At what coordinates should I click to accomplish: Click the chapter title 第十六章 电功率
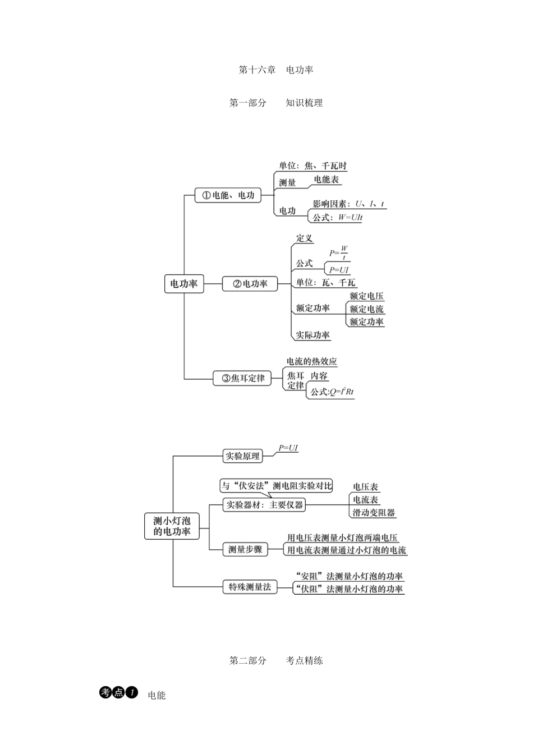point(275,70)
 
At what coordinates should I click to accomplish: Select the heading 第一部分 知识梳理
point(275,103)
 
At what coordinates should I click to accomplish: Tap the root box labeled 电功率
point(184,284)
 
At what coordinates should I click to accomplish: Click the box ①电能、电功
point(228,195)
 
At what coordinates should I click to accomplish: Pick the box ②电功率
point(250,284)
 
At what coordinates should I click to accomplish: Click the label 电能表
point(326,180)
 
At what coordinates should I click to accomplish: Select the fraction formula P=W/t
point(339,252)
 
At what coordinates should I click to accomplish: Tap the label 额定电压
point(366,296)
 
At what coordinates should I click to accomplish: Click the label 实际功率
point(313,335)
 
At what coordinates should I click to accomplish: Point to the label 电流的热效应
point(312,362)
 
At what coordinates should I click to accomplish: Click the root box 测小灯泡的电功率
point(172,526)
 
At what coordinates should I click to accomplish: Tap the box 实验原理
point(242,456)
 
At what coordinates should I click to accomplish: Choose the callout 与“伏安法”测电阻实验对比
point(276,486)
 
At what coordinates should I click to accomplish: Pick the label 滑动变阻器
point(374,513)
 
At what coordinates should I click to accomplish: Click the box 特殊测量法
point(250,587)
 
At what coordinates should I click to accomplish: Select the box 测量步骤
point(245,550)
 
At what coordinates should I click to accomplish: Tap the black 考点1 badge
point(118,693)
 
